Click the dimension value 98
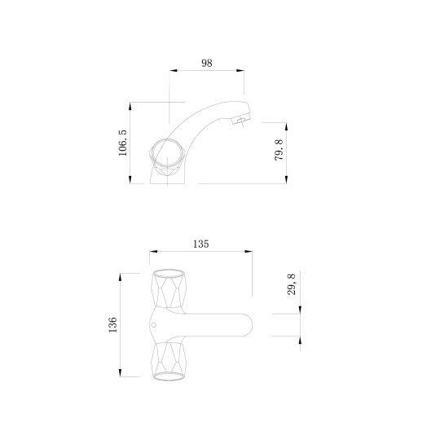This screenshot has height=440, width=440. pos(207,63)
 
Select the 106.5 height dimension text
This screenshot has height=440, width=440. pos(122,143)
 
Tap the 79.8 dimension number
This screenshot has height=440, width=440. pos(279,150)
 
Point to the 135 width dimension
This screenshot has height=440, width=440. pos(201,244)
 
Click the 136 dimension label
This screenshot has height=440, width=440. pos(112,324)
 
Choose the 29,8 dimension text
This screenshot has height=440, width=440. pos(292,284)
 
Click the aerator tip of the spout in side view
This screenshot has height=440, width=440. pos(240,121)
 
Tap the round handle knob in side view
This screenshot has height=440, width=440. pos(167,153)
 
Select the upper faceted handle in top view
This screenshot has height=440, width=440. pos(169,288)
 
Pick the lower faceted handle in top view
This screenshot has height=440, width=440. pos(169,362)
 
